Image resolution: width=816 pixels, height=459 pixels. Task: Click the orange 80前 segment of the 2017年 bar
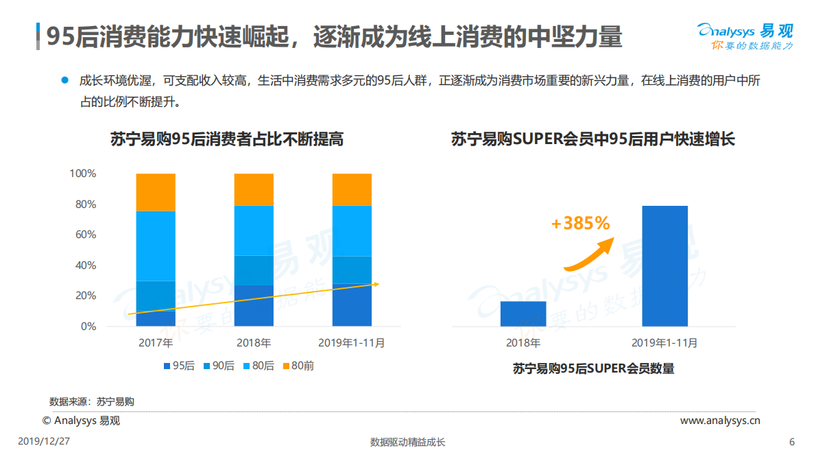point(156,192)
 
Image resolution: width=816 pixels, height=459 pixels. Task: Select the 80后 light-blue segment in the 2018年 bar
point(254,231)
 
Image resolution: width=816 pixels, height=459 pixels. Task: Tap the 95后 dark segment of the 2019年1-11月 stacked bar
point(352,306)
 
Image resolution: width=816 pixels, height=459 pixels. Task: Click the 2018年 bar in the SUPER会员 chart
point(523,314)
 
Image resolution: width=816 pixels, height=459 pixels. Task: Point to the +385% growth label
point(579,223)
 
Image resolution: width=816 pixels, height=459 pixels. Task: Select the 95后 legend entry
point(179,366)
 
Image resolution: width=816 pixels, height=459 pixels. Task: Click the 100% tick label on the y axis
point(82,174)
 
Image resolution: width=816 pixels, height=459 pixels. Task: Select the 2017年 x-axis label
point(155,342)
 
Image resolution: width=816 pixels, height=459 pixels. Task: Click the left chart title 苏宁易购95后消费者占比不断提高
point(227,139)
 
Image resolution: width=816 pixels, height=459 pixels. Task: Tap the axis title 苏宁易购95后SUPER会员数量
point(593,368)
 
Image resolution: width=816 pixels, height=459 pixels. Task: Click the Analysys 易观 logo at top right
point(745,36)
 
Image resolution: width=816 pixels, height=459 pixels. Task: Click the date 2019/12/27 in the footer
point(44,441)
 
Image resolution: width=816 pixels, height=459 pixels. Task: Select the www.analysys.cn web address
point(719,421)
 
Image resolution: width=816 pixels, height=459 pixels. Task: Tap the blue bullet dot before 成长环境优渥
point(65,80)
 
